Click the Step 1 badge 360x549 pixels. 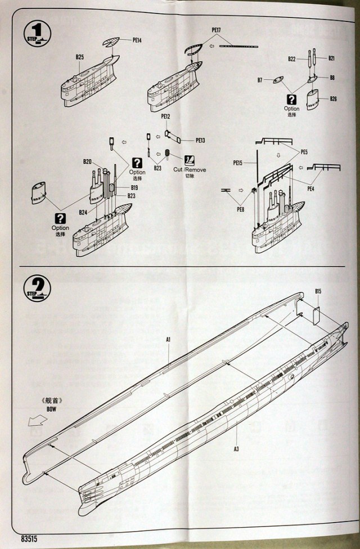37,31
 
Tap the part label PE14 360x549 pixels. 137,40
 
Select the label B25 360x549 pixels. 79,57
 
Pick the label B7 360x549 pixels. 260,80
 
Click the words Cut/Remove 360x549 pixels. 190,169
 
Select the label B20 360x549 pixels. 87,162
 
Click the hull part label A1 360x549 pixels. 168,339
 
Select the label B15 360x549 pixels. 318,291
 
